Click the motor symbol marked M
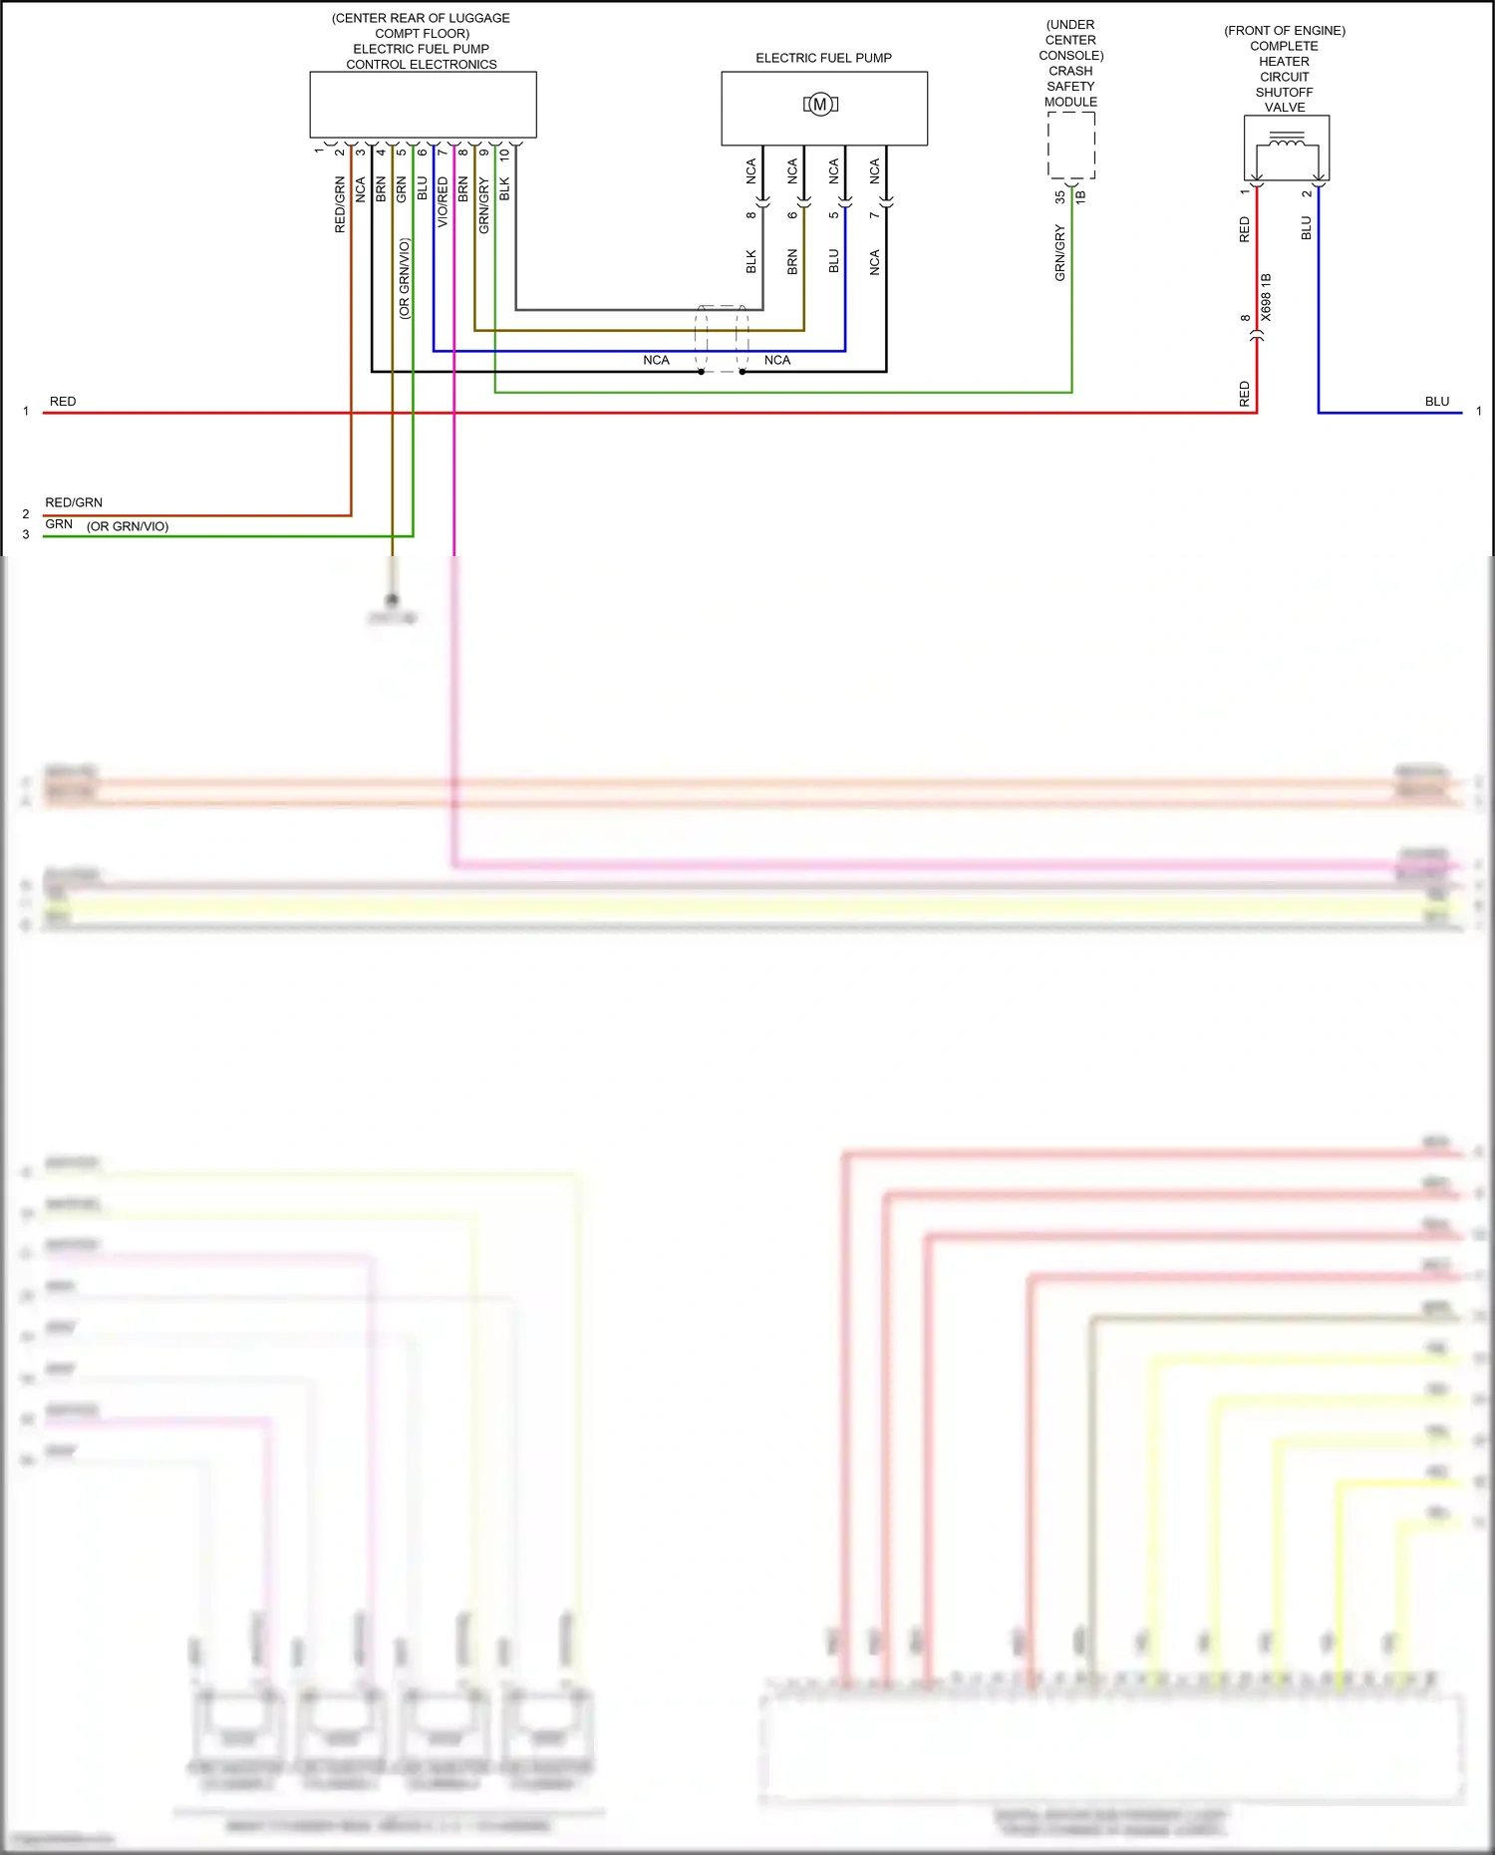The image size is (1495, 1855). tap(820, 104)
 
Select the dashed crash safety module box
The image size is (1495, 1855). tap(1071, 145)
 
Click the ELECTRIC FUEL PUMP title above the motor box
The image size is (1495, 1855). tap(823, 58)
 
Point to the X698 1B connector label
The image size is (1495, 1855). tap(1266, 297)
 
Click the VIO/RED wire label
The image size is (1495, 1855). tap(443, 202)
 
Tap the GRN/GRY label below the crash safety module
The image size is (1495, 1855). tap(1059, 252)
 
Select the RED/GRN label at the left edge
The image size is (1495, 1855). tap(74, 502)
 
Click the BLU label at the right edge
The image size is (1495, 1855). tap(1436, 402)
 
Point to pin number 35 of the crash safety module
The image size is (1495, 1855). tap(1059, 197)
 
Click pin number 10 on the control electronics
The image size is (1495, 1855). tap(504, 155)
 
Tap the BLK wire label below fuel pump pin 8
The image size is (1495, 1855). tap(751, 261)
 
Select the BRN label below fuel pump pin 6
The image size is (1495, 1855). tap(792, 261)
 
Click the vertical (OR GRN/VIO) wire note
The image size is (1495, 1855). tap(404, 278)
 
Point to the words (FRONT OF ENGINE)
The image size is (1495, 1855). tap(1285, 31)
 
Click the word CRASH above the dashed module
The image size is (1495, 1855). tap(1070, 71)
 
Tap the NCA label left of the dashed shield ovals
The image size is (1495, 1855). tap(656, 360)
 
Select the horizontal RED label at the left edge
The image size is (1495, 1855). tap(63, 402)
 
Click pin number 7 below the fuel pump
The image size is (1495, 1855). tap(874, 215)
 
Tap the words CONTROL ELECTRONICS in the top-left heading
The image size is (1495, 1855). tap(422, 65)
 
